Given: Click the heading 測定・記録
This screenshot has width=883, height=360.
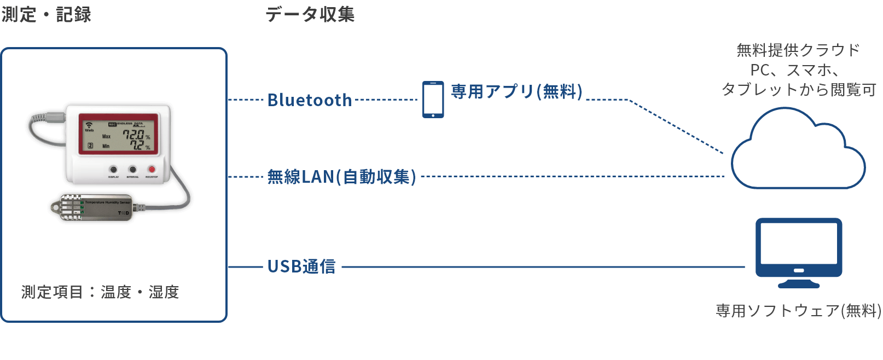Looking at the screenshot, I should click(x=46, y=15).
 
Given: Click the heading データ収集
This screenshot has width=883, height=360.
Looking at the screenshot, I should click(x=310, y=15).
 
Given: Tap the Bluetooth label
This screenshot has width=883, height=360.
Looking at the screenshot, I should click(x=310, y=100).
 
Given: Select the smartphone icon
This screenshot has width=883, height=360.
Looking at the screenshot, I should click(x=433, y=100).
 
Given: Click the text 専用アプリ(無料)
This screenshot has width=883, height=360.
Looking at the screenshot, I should click(x=516, y=91).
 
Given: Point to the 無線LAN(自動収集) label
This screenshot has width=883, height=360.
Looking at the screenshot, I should click(x=342, y=177).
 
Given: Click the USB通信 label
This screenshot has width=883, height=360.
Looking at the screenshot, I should click(x=301, y=266).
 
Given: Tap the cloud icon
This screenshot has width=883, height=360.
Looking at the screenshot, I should click(x=798, y=153).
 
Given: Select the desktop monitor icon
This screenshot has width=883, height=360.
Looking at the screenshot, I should click(x=798, y=252).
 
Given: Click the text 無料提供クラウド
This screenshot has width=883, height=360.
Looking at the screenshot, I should click(x=798, y=50).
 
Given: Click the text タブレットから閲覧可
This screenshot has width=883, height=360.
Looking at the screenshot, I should click(x=798, y=90).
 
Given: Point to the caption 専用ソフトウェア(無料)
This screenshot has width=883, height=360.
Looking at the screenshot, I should click(x=798, y=311).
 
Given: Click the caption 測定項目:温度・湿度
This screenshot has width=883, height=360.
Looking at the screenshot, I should click(x=100, y=292).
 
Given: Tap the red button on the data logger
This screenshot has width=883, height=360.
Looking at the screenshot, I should click(x=152, y=170).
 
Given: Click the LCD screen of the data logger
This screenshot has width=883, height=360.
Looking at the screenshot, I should click(x=118, y=134).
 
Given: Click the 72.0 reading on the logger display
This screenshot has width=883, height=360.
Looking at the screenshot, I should click(x=133, y=135).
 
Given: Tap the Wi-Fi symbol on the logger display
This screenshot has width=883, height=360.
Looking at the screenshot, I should click(x=89, y=125).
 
